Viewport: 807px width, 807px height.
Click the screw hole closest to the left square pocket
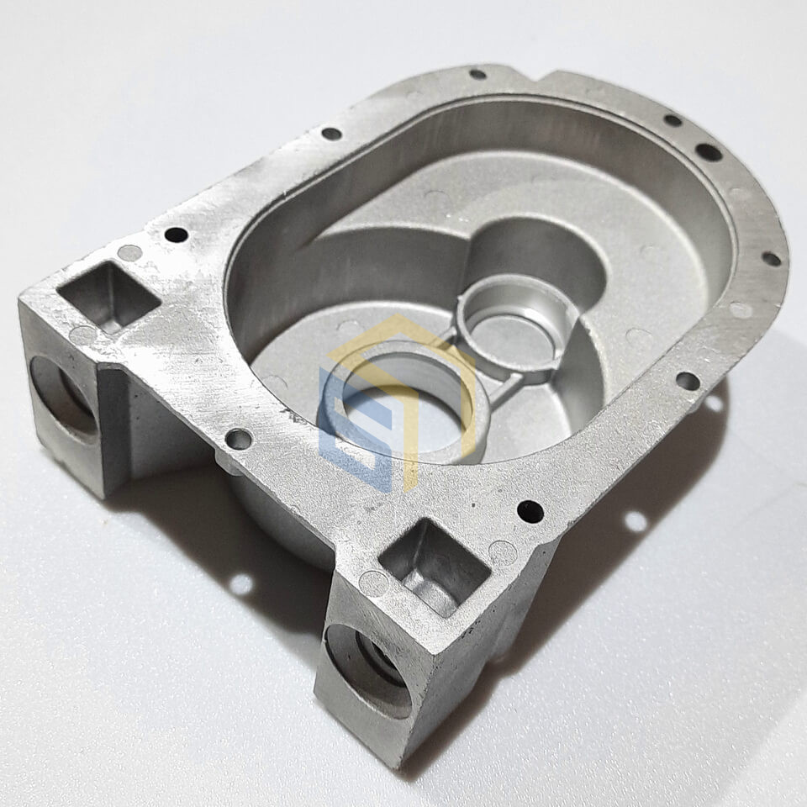coord(176,235)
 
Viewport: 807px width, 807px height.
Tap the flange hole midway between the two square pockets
coord(239,439)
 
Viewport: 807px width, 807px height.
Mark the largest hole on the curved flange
coord(708,152)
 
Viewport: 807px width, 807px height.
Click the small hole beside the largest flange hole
coord(672,120)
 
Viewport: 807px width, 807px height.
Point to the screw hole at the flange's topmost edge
coord(477,74)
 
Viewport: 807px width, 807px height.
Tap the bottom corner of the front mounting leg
coord(395,762)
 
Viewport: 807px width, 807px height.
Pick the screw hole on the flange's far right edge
coord(770,259)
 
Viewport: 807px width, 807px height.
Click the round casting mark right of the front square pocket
coord(503,552)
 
